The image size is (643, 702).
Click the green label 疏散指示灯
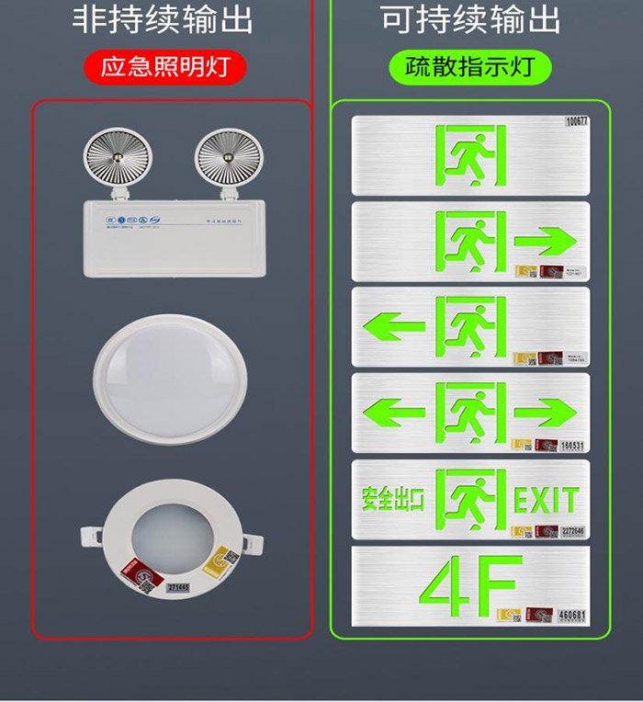470,66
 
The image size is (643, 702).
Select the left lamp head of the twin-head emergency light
110,160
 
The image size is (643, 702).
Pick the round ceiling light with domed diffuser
170,377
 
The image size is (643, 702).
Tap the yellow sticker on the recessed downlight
225,560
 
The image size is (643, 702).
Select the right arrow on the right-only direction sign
546,243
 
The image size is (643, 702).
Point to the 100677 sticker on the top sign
577,120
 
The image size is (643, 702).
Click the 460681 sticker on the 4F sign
571,614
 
